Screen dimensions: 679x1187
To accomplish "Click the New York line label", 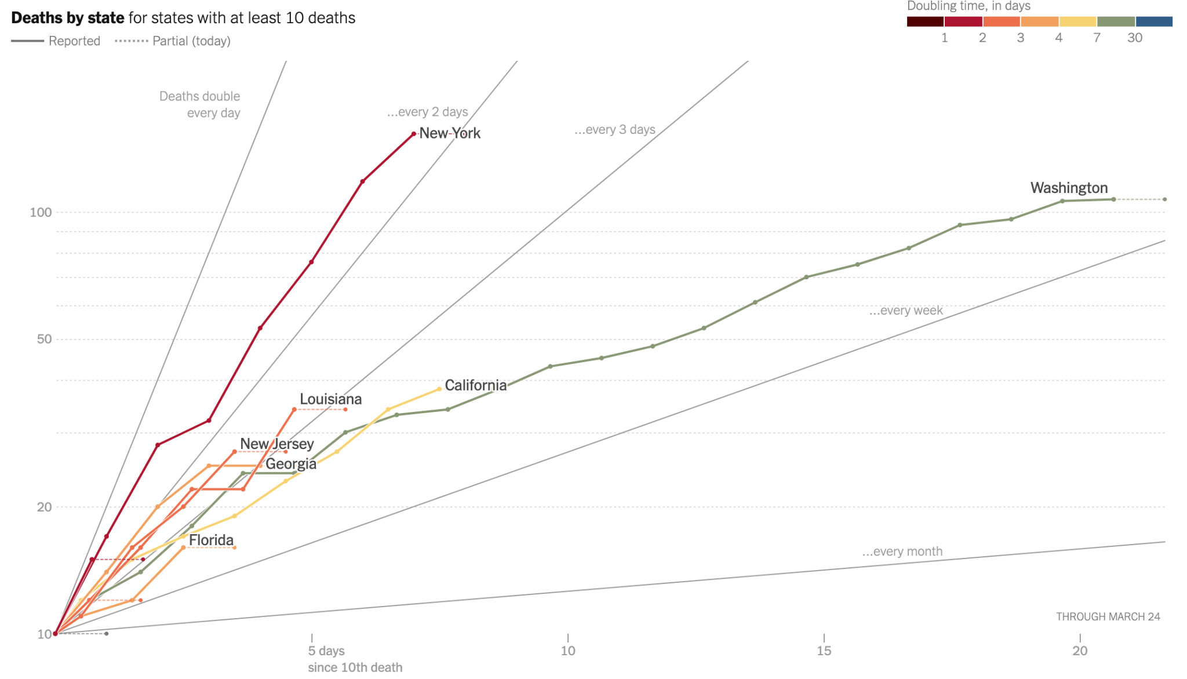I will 450,133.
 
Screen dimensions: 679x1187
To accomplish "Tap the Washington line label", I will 1069,188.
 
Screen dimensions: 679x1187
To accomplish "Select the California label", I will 475,385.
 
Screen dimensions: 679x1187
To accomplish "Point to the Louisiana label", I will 330,399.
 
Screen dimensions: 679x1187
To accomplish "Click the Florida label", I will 211,540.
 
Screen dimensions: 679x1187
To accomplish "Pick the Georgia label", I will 291,464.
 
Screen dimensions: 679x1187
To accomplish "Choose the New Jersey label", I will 276,444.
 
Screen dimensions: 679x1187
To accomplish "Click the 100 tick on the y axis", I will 41,212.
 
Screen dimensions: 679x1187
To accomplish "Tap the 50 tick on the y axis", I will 44,339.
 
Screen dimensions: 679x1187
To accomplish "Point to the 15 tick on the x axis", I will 824,651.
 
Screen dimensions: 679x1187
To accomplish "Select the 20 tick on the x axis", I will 1080,651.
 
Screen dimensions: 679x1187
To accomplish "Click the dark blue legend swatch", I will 1154,21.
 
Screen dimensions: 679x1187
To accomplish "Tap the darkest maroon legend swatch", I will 925,21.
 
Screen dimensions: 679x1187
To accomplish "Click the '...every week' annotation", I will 906,311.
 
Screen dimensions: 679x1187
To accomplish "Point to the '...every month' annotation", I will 902,552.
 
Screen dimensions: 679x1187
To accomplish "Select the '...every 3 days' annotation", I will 614,129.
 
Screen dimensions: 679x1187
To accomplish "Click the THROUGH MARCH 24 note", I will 1108,616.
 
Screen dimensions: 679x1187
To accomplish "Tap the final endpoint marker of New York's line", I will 413,134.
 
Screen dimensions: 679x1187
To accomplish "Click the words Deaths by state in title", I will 67,18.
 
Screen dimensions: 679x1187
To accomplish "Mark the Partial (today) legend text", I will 191,41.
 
